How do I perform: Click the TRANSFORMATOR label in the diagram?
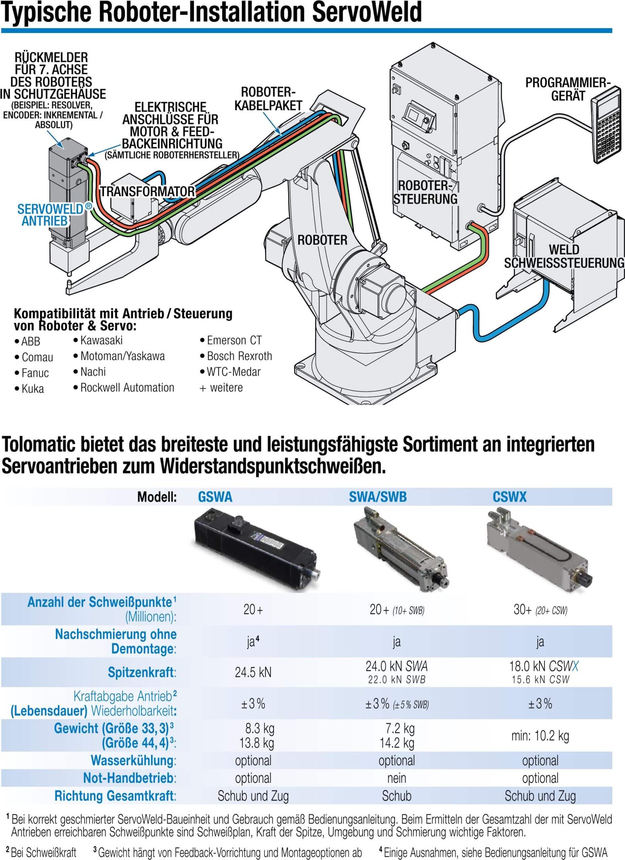[x=147, y=191]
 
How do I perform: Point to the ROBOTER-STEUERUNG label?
[x=425, y=192]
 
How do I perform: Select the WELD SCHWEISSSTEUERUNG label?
[x=564, y=256]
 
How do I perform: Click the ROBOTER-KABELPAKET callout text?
[x=268, y=99]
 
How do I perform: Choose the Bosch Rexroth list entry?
[x=239, y=356]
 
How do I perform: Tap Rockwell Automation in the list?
[x=127, y=388]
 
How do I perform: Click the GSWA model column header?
[x=215, y=497]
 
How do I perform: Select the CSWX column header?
[x=509, y=497]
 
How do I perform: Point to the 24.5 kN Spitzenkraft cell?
[x=253, y=672]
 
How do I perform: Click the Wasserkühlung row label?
[x=133, y=760]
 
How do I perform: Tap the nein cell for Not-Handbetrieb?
[x=397, y=778]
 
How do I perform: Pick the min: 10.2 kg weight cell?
[x=540, y=736]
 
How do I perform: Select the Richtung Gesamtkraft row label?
[x=115, y=795]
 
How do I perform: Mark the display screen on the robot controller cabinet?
[x=414, y=112]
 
